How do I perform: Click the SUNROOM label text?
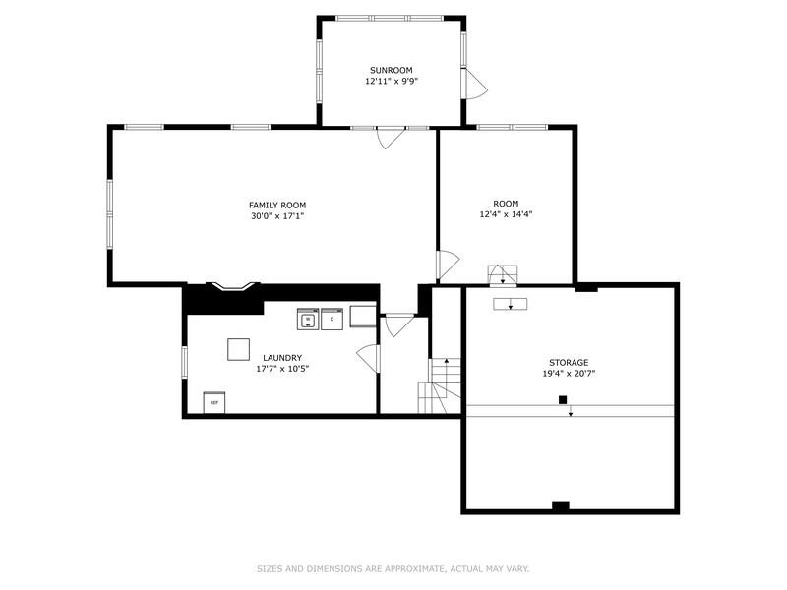click(391, 70)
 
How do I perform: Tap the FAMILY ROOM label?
click(276, 205)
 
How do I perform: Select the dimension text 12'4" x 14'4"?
click(506, 214)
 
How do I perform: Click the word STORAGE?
click(569, 363)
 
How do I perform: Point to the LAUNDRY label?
click(282, 358)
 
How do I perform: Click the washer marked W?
click(307, 320)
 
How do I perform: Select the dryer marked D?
click(333, 320)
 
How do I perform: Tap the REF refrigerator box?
click(213, 402)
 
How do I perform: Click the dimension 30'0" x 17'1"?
click(276, 216)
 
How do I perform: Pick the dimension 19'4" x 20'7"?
click(569, 375)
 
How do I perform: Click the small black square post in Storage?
click(563, 399)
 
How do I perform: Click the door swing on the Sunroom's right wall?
click(475, 85)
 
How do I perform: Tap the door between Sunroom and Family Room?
click(390, 139)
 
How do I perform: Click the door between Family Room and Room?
click(448, 264)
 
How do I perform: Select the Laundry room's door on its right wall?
click(369, 357)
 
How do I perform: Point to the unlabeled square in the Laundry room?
click(239, 349)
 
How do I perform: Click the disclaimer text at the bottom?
click(393, 568)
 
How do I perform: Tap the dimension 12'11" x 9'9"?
click(391, 82)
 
